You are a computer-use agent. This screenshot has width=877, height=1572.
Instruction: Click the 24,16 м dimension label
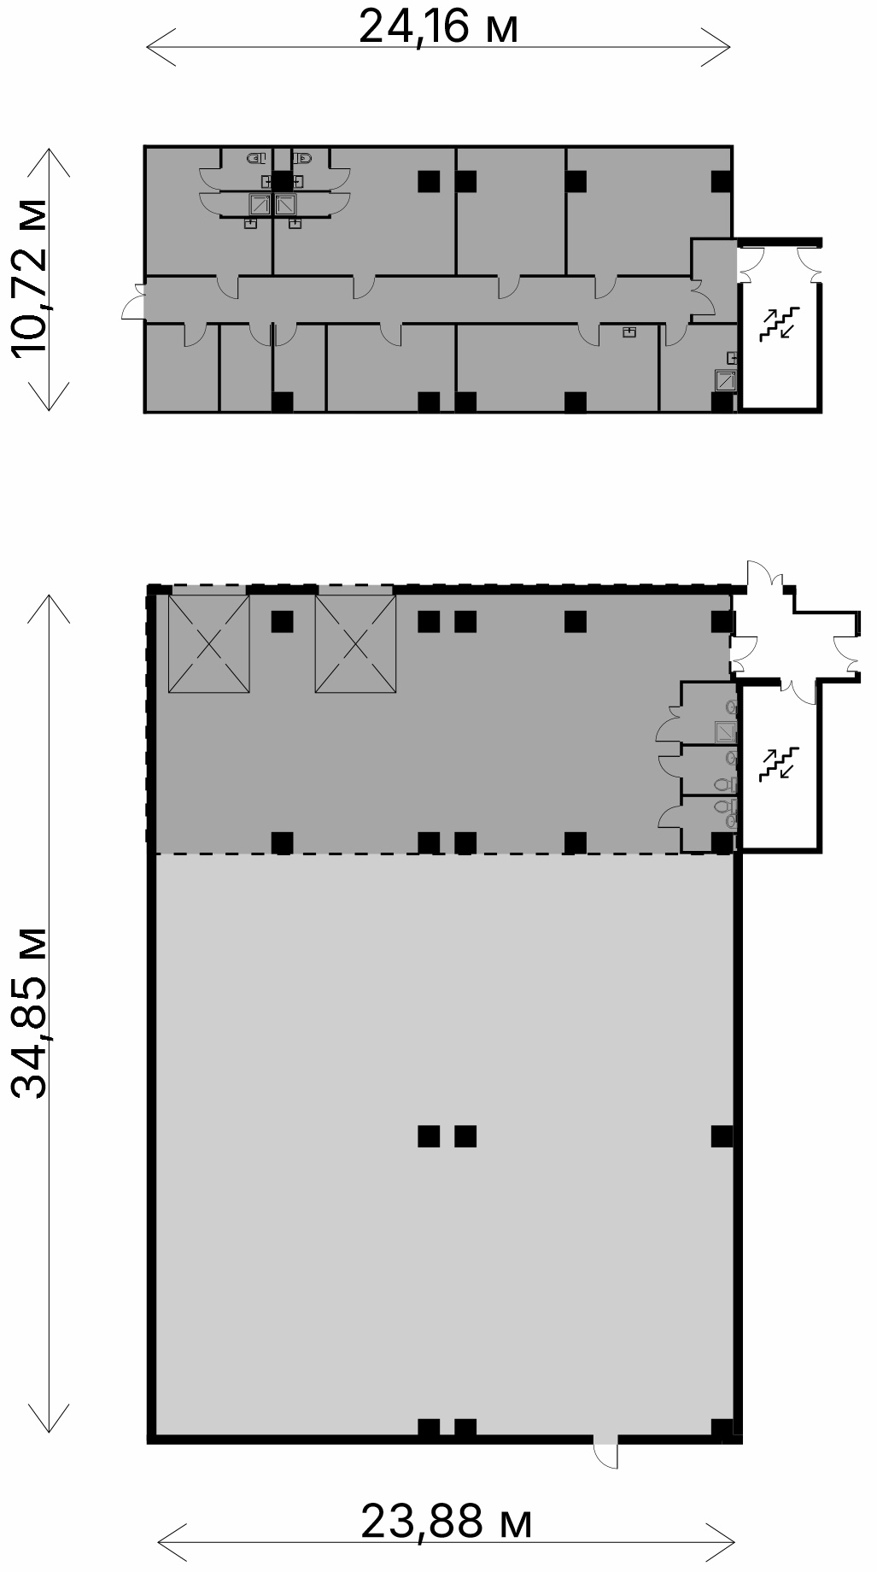(438, 26)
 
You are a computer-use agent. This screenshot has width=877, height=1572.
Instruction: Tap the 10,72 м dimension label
(29, 278)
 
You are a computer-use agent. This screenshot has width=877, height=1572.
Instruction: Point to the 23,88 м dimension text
(447, 1522)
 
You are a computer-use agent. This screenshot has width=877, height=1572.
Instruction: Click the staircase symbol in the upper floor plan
(780, 324)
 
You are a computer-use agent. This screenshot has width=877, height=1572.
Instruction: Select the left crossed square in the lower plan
(209, 644)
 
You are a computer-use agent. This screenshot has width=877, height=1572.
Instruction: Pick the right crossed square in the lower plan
(355, 644)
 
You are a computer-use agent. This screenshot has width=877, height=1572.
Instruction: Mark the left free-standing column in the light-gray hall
(429, 1136)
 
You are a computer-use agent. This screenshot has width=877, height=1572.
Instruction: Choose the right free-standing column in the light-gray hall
(465, 1136)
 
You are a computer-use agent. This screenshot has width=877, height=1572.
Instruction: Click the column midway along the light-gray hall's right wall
(722, 1136)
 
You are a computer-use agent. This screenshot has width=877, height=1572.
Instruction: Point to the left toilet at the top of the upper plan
(256, 158)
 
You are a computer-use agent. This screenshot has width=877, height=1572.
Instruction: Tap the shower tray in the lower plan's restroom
(725, 732)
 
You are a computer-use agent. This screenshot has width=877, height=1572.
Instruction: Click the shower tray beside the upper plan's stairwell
(725, 379)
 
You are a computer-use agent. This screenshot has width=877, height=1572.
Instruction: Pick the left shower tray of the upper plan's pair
(260, 204)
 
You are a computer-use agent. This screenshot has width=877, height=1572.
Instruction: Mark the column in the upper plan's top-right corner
(722, 181)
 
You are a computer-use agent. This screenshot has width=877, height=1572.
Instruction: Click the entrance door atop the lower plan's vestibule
(763, 576)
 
